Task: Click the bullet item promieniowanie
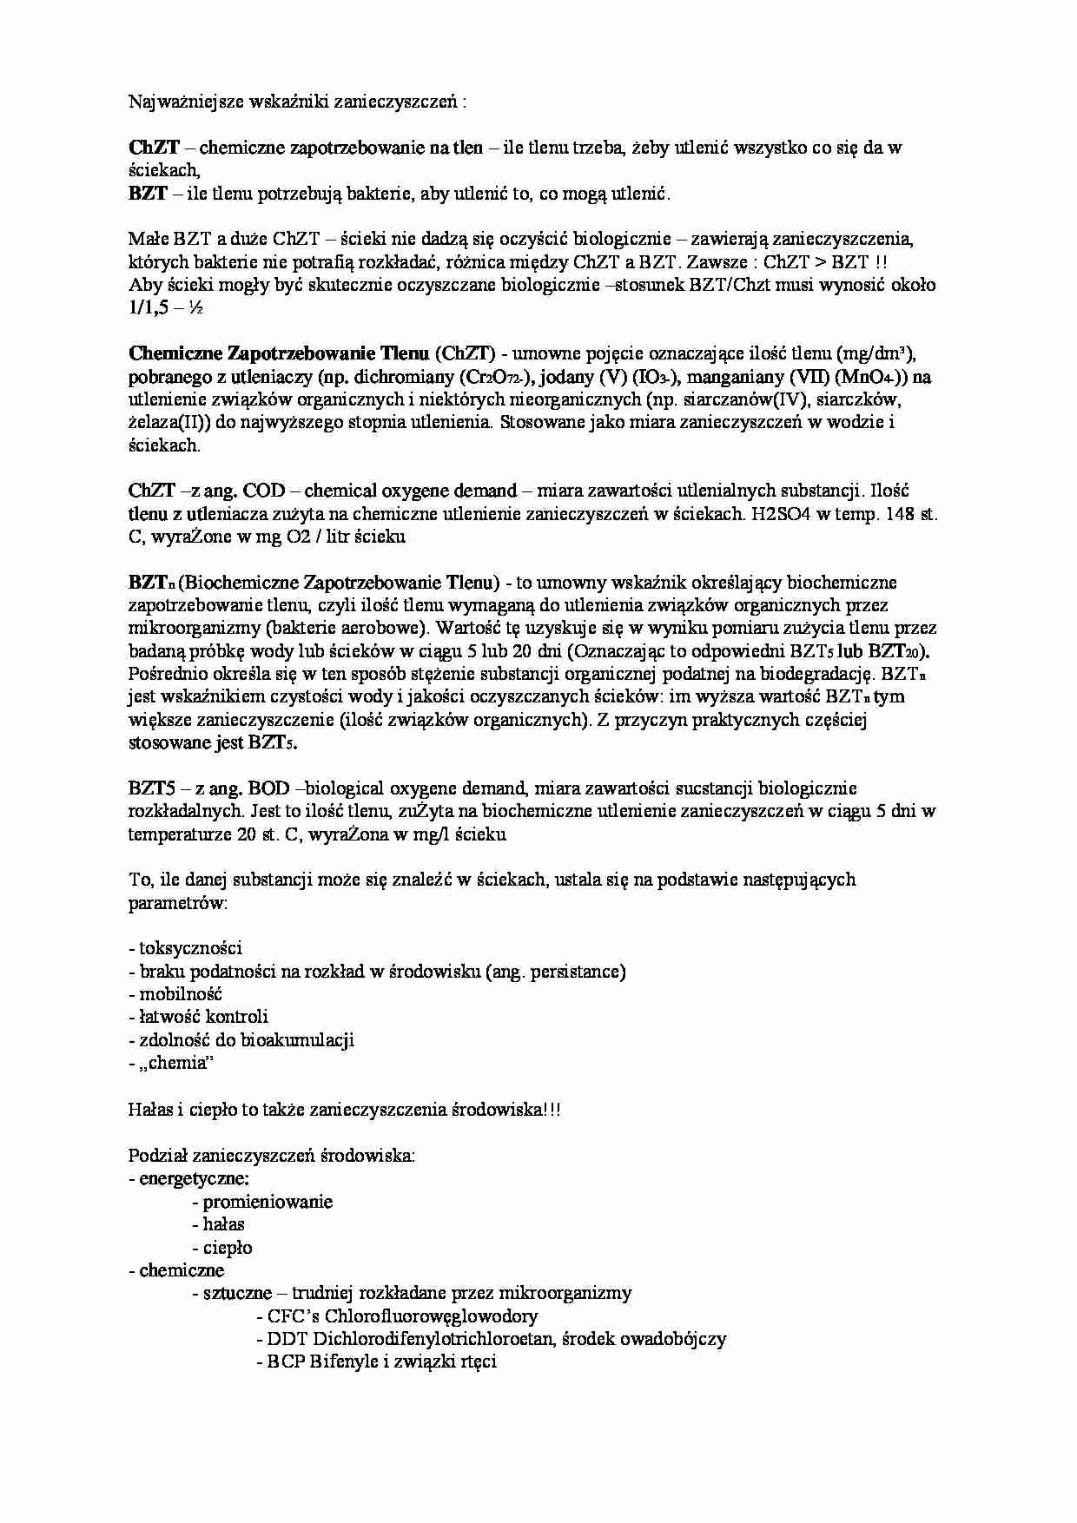click(x=268, y=1202)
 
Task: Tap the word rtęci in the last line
click(x=477, y=1361)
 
